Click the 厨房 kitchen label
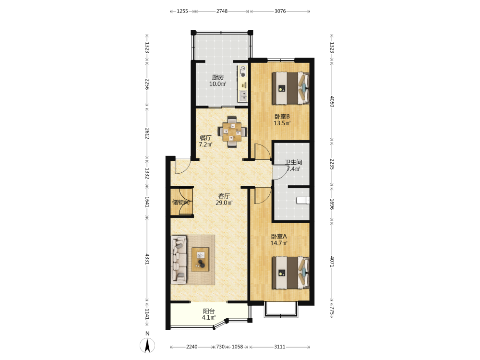point(217,77)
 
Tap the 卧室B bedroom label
point(282,117)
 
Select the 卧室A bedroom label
point(279,237)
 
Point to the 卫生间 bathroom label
point(294,162)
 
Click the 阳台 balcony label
point(209,312)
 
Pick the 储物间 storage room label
point(181,202)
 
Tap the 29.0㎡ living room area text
point(224,203)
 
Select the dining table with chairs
point(232,132)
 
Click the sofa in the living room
point(179,259)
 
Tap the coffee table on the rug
point(200,259)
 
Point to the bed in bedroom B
point(291,88)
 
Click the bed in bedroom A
point(291,273)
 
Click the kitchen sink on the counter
point(243,96)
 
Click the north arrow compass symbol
point(147,345)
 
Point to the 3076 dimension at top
point(280,12)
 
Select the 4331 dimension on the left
point(147,259)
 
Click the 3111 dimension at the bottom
point(279,347)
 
